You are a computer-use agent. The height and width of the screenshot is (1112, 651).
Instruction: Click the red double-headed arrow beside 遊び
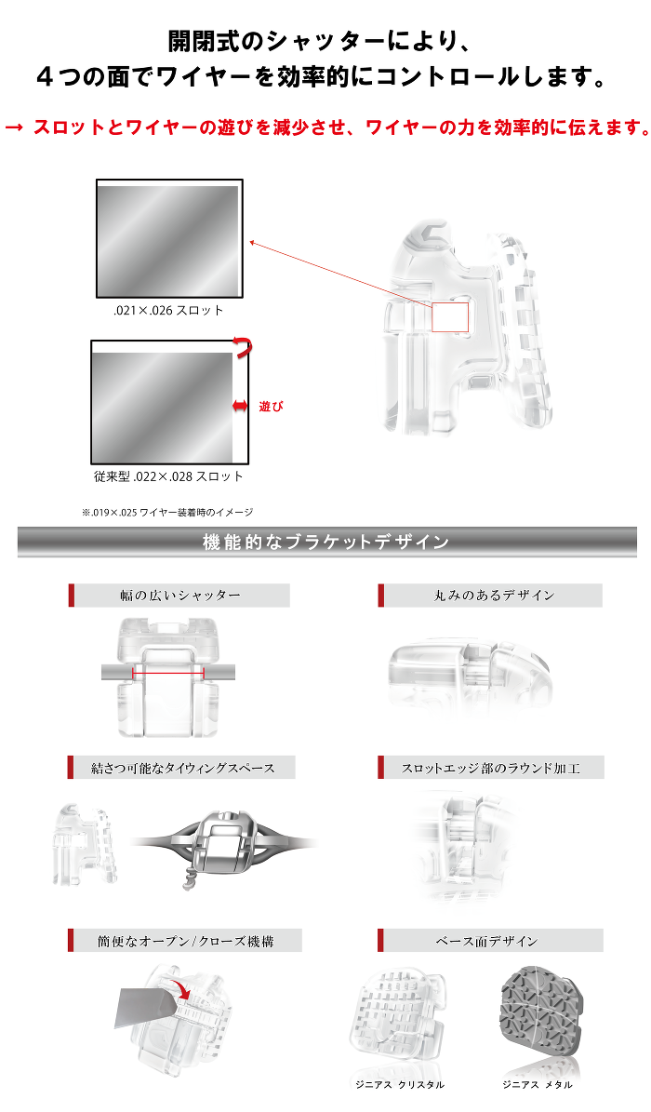pos(240,406)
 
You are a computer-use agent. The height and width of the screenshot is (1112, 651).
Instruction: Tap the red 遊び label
pos(271,407)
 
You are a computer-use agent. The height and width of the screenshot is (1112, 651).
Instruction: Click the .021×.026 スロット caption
pos(164,311)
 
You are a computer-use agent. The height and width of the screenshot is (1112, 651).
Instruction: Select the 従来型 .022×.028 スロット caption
pos(168,476)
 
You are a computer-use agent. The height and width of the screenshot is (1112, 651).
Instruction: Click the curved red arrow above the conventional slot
pos(244,347)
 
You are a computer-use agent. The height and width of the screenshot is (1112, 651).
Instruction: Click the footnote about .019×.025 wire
pos(167,512)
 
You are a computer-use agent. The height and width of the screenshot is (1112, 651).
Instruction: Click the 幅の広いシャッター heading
pos(180,596)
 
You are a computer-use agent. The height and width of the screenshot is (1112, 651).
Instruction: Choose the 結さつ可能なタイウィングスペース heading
pos(183,768)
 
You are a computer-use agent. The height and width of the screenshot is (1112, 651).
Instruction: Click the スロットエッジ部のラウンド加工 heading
pos(491,768)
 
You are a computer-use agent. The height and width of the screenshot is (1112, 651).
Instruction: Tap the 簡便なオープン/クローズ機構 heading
pos(186,941)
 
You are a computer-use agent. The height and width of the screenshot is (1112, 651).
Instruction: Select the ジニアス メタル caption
pos(538,1085)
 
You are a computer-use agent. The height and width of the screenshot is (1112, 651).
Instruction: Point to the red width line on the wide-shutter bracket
pos(168,672)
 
